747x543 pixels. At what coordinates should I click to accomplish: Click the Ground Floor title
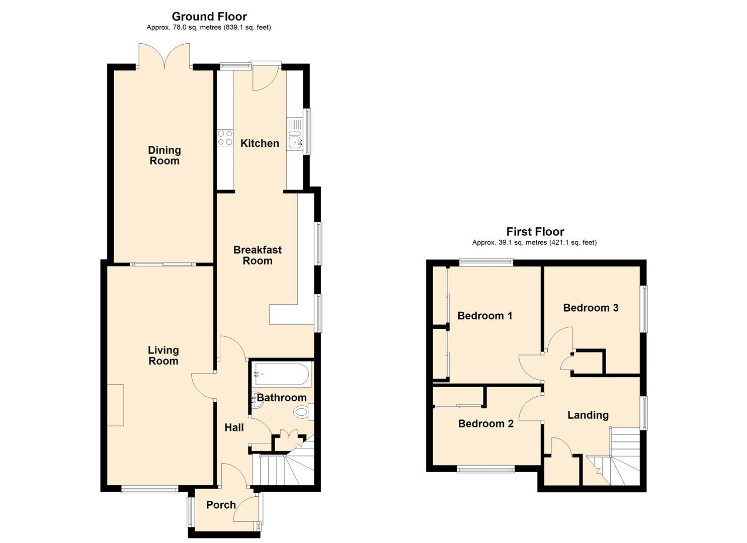click(209, 17)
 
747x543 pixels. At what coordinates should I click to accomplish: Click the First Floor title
click(535, 232)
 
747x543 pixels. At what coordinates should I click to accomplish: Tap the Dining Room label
click(164, 155)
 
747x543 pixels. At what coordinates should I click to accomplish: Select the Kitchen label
click(260, 143)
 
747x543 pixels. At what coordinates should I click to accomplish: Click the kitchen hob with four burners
click(225, 138)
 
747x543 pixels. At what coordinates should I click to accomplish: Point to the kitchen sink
click(295, 142)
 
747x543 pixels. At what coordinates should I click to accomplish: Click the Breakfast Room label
click(258, 255)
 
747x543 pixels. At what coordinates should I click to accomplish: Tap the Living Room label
click(163, 355)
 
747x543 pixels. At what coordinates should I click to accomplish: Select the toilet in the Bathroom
click(301, 413)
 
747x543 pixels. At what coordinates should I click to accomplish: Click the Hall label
click(234, 427)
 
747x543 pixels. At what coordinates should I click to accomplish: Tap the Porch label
click(221, 505)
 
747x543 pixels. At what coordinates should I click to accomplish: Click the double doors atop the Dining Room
click(164, 55)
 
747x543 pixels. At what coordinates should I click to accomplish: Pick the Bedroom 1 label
click(484, 316)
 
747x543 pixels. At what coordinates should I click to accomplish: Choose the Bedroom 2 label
click(485, 424)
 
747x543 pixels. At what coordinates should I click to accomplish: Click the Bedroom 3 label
click(591, 308)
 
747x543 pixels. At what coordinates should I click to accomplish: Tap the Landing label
click(588, 415)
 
